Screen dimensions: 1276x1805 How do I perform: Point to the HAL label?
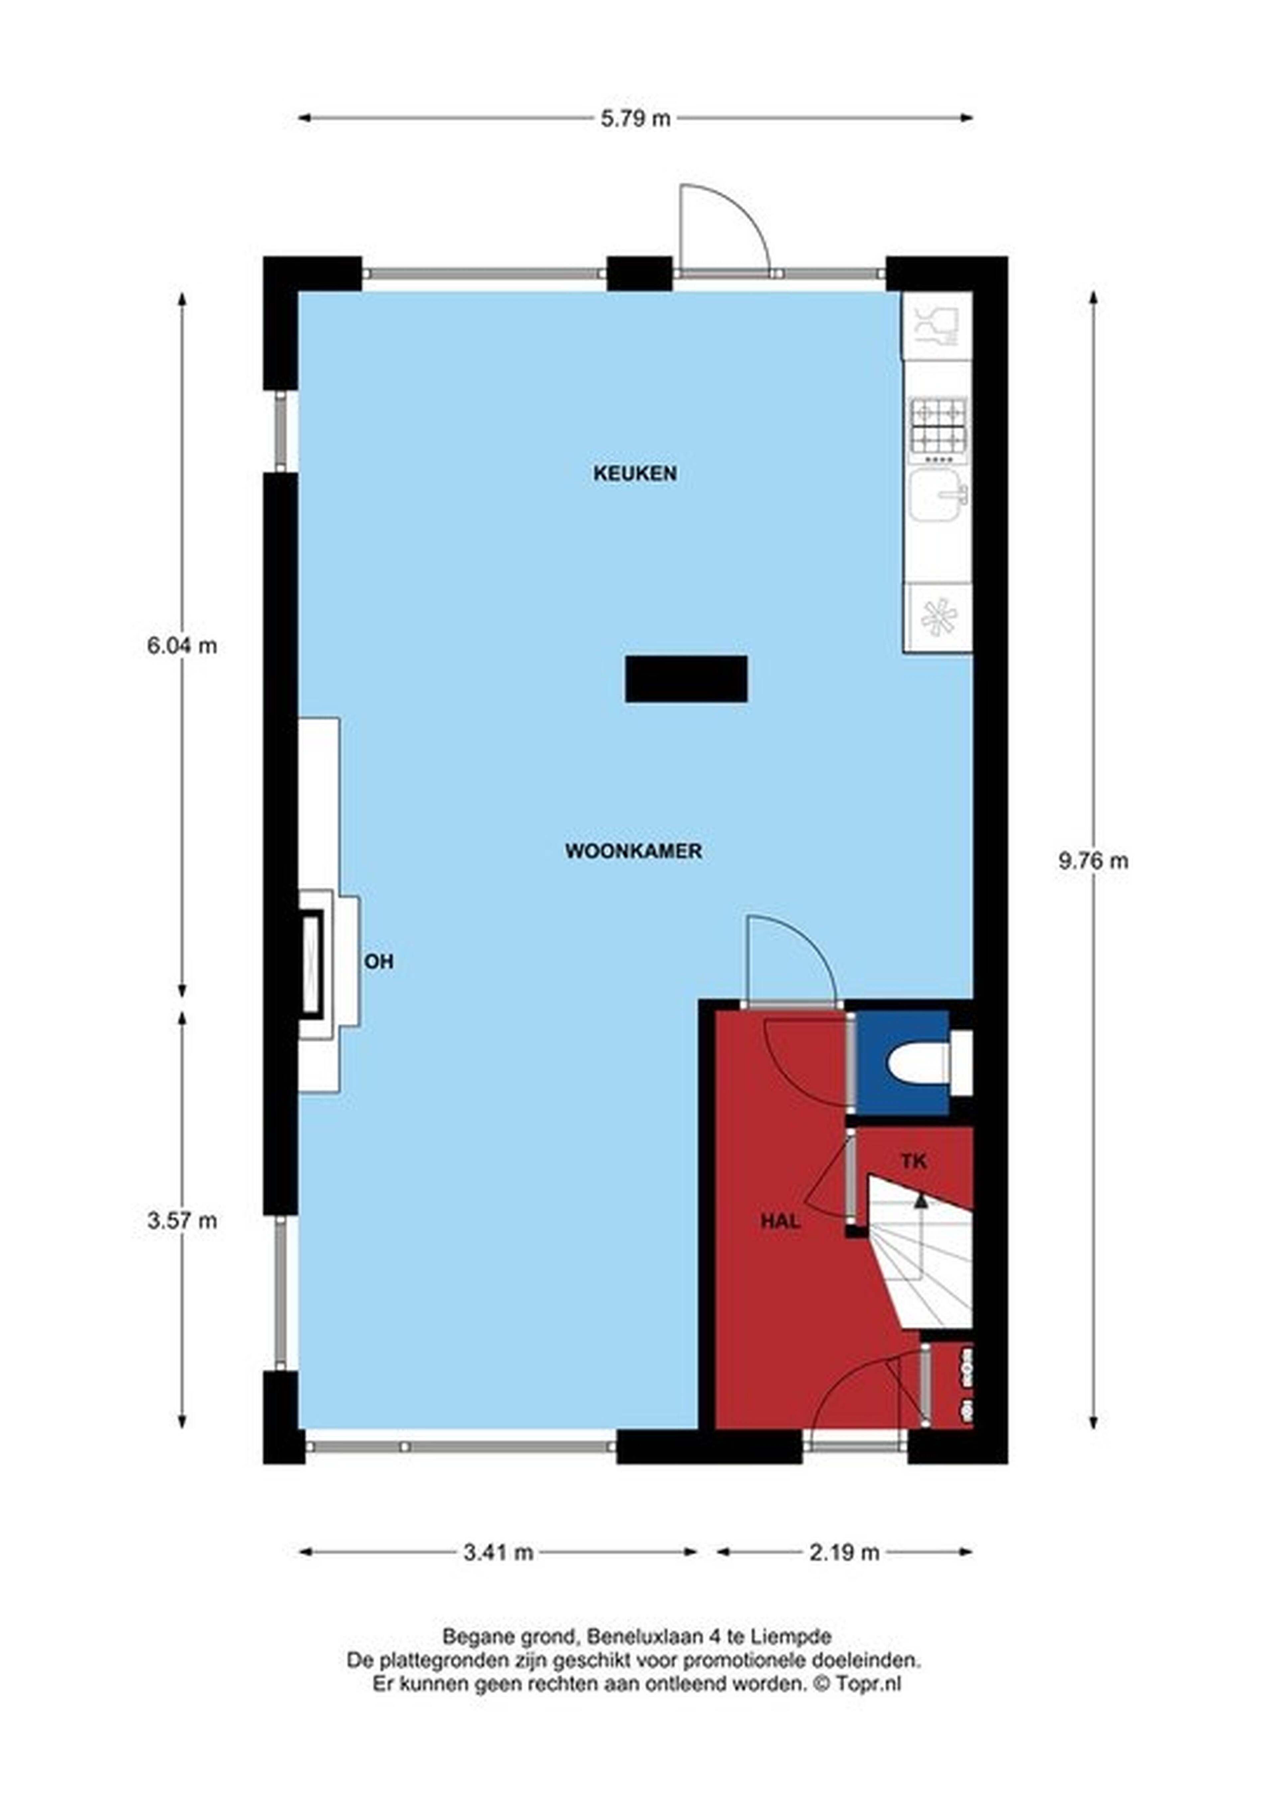point(781,1221)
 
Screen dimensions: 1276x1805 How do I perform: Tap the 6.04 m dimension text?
point(182,646)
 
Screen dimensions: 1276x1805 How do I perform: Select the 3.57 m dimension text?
point(182,1221)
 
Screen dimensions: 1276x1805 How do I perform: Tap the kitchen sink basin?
point(937,495)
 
